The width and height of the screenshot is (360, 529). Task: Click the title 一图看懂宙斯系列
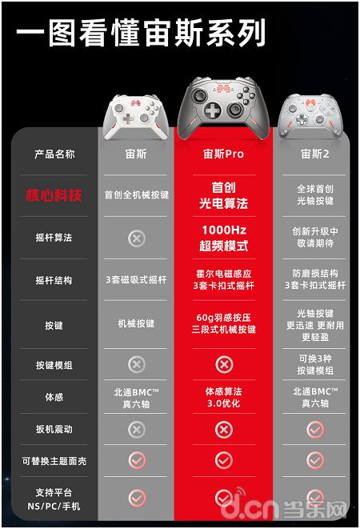(141, 33)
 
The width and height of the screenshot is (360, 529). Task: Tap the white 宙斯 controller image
(136, 117)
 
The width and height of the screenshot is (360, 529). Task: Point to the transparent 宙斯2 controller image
(310, 116)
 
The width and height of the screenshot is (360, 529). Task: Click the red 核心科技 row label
(54, 195)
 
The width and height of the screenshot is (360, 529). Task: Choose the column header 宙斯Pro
(223, 154)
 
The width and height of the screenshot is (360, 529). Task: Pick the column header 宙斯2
(314, 154)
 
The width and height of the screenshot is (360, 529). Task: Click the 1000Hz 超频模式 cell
(224, 238)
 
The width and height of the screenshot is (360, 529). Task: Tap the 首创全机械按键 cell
(136, 194)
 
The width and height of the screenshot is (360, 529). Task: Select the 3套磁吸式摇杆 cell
(136, 279)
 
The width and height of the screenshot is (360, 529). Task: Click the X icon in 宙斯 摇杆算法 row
(137, 238)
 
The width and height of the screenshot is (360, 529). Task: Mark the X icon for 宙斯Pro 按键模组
(224, 364)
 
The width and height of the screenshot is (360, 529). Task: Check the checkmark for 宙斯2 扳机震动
(315, 429)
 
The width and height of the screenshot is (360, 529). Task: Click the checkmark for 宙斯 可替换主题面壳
(137, 460)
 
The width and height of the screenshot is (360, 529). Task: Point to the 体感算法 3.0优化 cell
(224, 398)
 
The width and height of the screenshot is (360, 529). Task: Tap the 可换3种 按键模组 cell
(315, 365)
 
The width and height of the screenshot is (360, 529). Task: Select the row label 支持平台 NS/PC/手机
(54, 499)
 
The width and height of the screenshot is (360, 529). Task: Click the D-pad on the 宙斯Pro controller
(213, 110)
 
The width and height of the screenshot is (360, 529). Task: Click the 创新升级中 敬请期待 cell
(315, 237)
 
